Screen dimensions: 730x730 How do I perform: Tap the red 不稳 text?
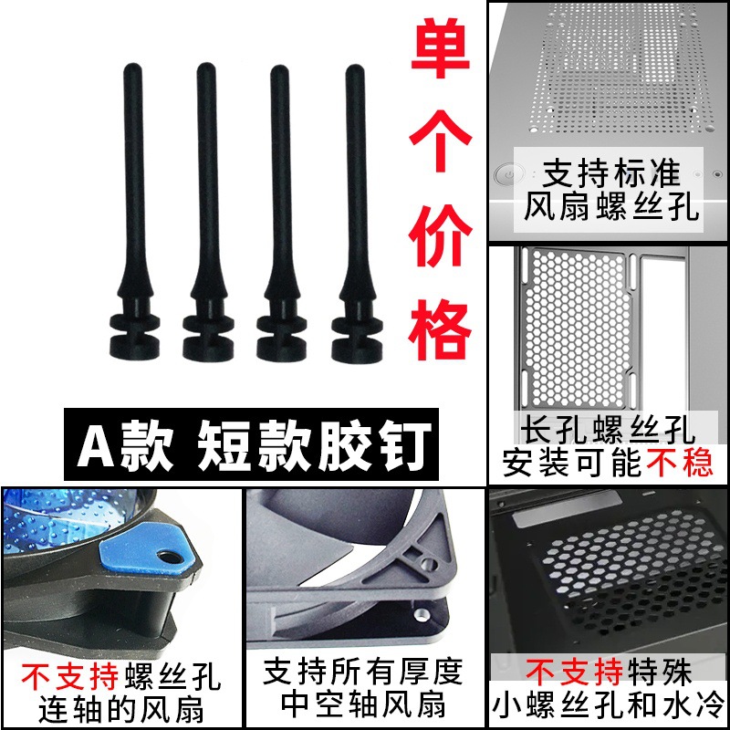680,464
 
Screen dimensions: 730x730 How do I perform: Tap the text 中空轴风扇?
365,704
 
